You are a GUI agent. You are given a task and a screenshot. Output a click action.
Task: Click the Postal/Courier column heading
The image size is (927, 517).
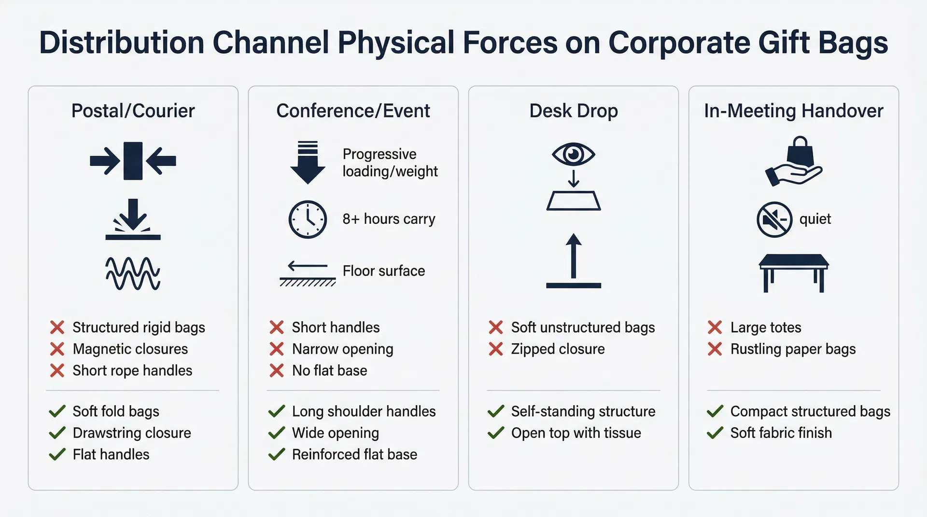pyautogui.click(x=133, y=111)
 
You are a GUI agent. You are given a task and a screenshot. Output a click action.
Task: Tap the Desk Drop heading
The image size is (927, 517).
pyautogui.click(x=573, y=111)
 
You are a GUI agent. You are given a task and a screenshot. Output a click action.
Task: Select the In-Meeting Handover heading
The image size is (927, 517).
pyautogui.click(x=793, y=111)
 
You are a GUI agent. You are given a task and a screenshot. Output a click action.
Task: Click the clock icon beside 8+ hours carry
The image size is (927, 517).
pyautogui.click(x=308, y=219)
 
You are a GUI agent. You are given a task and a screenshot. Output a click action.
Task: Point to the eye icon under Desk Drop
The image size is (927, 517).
pyautogui.click(x=573, y=154)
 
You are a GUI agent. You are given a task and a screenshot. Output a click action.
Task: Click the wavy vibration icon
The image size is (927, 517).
pyautogui.click(x=133, y=273)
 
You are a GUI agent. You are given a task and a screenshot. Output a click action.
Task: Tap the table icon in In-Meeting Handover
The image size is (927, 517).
pyautogui.click(x=793, y=272)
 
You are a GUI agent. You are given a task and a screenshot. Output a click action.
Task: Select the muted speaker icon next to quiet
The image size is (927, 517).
pyautogui.click(x=774, y=219)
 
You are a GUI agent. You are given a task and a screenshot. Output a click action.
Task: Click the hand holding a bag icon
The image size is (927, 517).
pyautogui.click(x=793, y=162)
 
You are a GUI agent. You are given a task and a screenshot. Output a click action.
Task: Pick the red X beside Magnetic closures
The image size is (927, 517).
pyautogui.click(x=57, y=349)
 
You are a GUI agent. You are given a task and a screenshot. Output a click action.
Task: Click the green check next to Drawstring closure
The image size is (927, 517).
pyautogui.click(x=57, y=433)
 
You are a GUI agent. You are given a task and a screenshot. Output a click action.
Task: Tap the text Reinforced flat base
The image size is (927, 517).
pyautogui.click(x=354, y=454)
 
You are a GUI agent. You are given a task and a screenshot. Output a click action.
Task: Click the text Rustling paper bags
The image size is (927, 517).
pyautogui.click(x=793, y=349)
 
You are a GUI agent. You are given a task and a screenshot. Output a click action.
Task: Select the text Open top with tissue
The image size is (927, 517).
pyautogui.click(x=576, y=433)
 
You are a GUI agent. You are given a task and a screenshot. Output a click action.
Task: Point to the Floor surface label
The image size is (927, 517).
pyautogui.click(x=383, y=271)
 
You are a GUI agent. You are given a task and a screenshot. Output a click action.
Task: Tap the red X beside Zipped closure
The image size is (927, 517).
pyautogui.click(x=496, y=349)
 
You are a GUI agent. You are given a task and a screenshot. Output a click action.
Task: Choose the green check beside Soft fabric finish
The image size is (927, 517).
pyautogui.click(x=715, y=433)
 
